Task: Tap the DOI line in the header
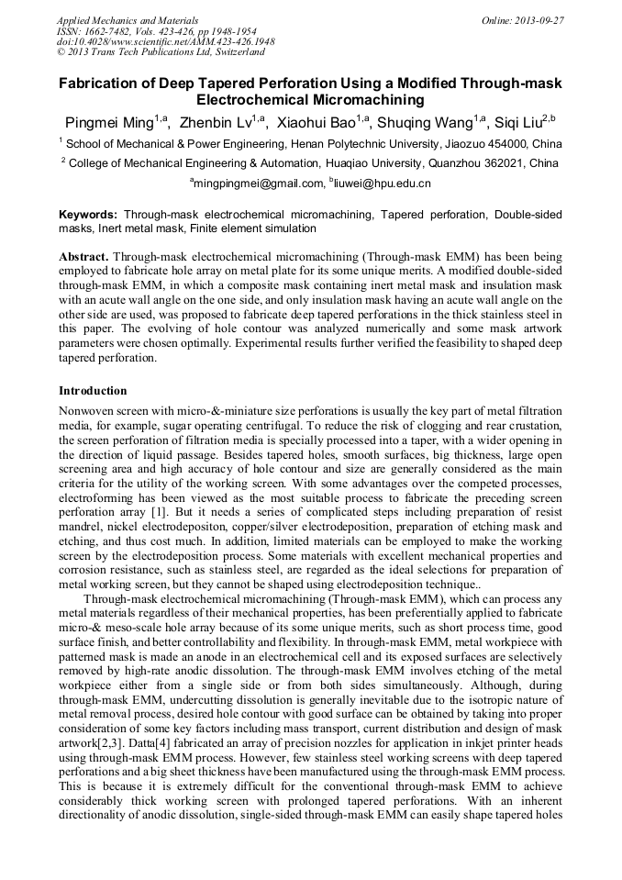165,41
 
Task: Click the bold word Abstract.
84,253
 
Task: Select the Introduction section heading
93,391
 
